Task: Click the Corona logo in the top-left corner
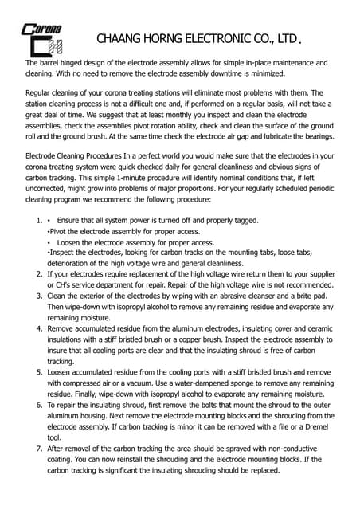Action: pyautogui.click(x=41, y=35)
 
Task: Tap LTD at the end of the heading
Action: pyautogui.click(x=288, y=38)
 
